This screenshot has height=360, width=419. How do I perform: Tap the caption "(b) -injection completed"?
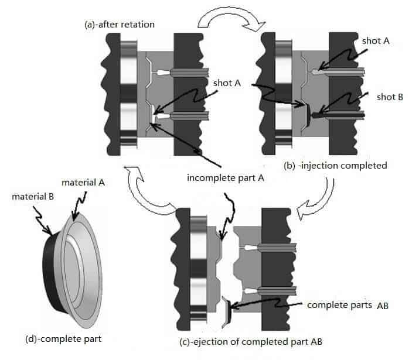pyautogui.click(x=336, y=166)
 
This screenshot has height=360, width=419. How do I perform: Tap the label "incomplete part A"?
pyautogui.click(x=223, y=178)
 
